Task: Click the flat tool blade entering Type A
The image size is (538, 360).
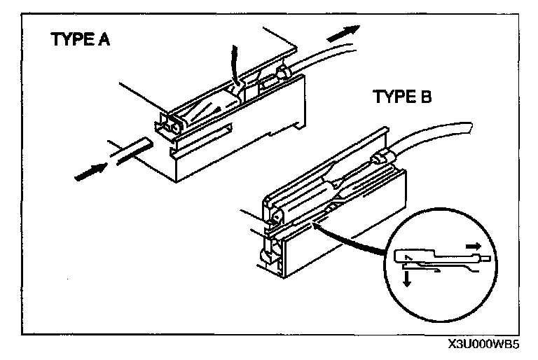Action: pyautogui.click(x=132, y=152)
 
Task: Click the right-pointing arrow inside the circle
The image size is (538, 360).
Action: pyautogui.click(x=473, y=247)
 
